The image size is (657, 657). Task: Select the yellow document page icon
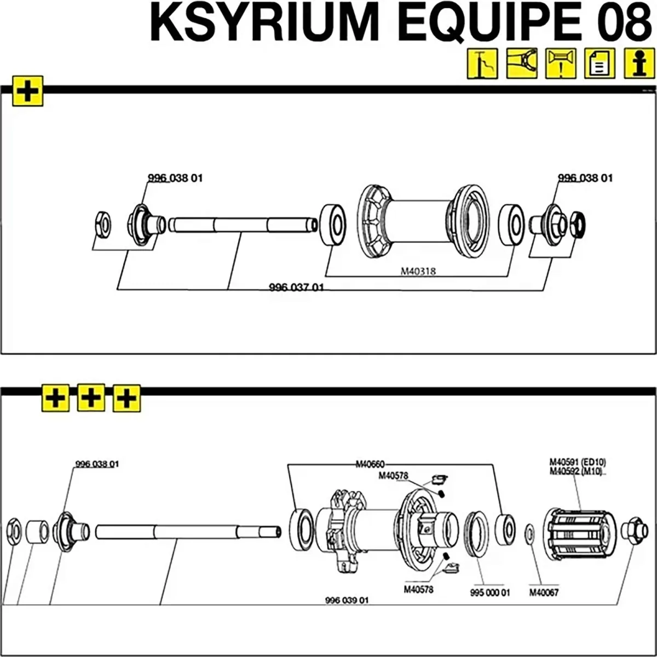click(x=600, y=64)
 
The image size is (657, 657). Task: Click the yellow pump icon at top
click(x=482, y=64)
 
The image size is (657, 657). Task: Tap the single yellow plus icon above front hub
click(x=28, y=91)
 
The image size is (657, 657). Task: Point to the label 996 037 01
click(x=296, y=287)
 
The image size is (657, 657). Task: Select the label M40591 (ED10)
click(x=578, y=461)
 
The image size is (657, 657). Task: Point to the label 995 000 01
click(x=489, y=593)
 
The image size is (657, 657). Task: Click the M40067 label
click(x=544, y=593)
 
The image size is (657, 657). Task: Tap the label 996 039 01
click(x=347, y=600)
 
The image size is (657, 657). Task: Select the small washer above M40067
click(x=529, y=532)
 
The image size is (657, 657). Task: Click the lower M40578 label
click(x=418, y=590)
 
